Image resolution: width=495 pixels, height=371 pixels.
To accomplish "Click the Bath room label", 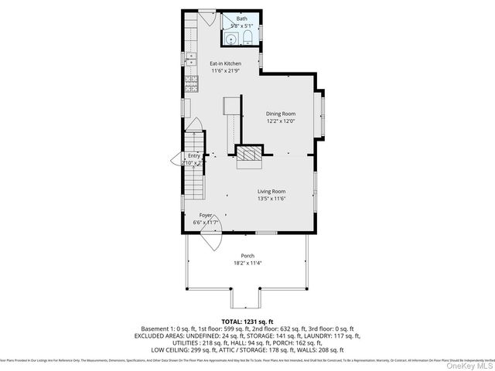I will tap(242, 18).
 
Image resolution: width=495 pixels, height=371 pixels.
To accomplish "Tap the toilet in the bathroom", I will tap(246, 39).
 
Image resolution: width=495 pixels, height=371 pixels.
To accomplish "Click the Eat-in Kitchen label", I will tap(226, 63).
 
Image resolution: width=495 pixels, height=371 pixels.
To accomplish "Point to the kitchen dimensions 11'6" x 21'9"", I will tap(226, 71).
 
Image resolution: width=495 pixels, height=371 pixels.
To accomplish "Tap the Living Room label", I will tap(271, 191).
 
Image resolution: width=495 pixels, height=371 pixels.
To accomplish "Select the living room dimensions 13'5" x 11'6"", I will tap(271, 199).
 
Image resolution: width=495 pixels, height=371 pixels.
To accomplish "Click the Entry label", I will tap(193, 155).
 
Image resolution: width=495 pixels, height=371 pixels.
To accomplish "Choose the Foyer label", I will tap(206, 215).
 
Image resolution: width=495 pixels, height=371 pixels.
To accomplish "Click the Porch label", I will tap(247, 256).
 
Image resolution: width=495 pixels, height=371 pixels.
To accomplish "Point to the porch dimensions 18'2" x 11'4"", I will tap(247, 264).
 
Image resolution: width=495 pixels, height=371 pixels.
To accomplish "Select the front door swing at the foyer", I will tap(207, 240).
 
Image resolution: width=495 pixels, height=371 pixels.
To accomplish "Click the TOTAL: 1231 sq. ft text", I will tap(247, 320).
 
